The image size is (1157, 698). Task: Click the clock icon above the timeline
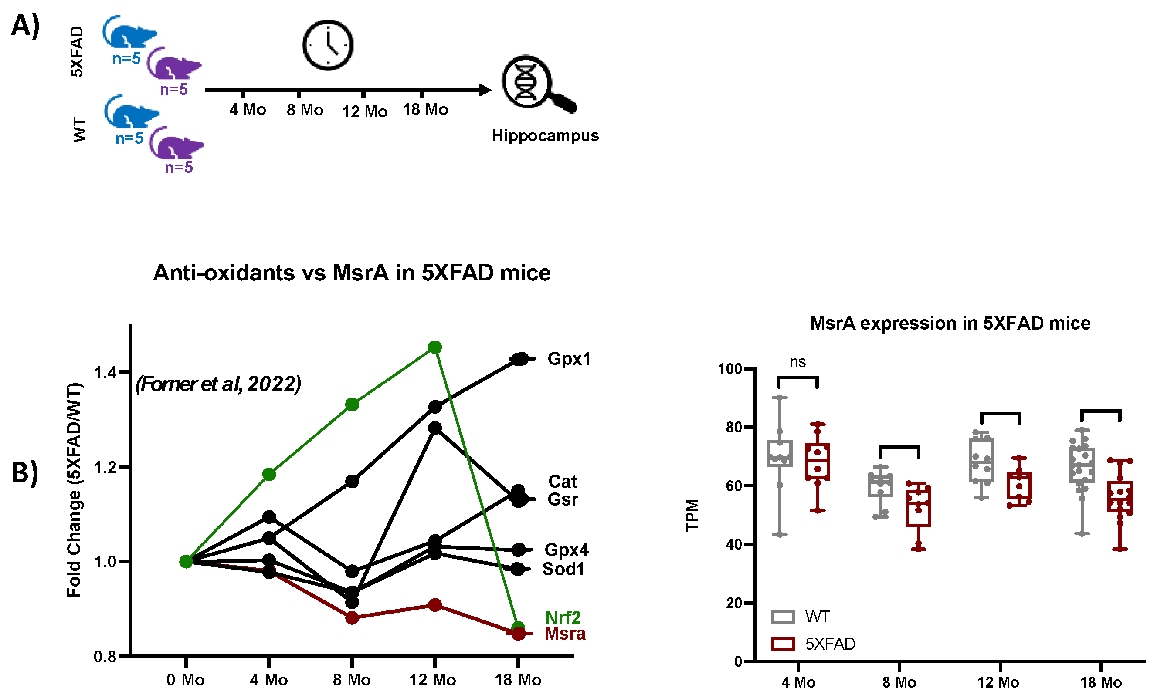(327, 45)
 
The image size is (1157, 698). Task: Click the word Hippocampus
(545, 135)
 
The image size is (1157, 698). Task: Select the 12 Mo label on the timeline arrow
(364, 111)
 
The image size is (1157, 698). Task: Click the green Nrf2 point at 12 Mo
(435, 347)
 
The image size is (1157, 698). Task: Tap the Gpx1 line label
(569, 359)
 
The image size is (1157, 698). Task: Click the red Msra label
(565, 634)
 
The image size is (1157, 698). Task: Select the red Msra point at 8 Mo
(352, 618)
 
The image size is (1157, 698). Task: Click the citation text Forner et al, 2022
(218, 384)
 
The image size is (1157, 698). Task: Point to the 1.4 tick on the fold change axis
(105, 372)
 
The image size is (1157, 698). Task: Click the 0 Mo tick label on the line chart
(186, 680)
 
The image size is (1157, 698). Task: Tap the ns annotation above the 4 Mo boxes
(797, 362)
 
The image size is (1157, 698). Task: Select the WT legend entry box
(783, 617)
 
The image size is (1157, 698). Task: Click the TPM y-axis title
(692, 515)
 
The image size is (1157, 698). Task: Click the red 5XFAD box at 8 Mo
(918, 508)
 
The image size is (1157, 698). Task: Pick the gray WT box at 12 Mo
(981, 460)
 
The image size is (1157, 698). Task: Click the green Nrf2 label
(563, 617)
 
